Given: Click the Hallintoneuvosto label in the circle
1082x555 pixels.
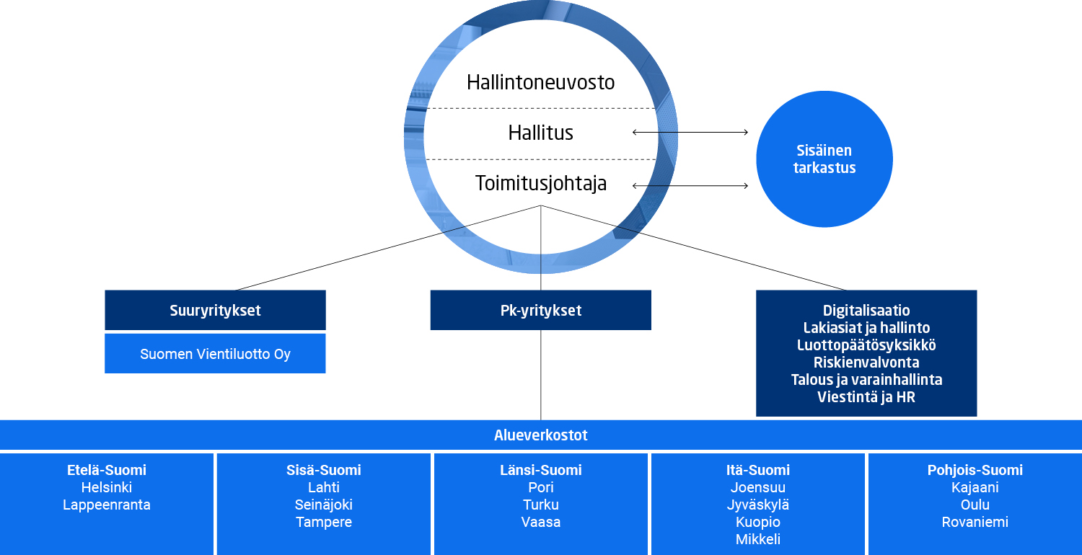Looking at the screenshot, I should coord(540,82).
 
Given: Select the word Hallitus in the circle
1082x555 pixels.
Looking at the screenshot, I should coord(540,133).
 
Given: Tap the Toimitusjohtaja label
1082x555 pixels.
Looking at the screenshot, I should coord(540,183).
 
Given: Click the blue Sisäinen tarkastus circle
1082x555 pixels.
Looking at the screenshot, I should coord(824,159).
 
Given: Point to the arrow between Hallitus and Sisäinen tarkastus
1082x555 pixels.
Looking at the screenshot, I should coord(690,132).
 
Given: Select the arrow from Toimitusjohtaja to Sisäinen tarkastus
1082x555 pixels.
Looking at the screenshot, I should coord(690,186).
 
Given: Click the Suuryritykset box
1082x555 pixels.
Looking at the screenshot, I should coord(215,311).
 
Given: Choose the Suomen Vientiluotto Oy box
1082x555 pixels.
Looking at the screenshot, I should coord(215,354).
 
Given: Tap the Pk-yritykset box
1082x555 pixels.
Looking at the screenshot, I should coord(540,311).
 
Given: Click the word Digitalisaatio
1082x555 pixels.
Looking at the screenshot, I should coord(866,311).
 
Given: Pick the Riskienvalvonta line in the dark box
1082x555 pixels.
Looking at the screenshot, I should coord(866,363).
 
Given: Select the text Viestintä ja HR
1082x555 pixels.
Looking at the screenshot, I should coord(866,396).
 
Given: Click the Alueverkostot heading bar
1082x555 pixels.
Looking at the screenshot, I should coord(540,435).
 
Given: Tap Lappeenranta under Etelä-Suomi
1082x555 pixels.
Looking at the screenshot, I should coord(107,505).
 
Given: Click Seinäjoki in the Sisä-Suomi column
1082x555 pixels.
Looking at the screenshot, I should coord(324,505).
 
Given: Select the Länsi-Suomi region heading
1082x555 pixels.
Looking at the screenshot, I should coord(540,470).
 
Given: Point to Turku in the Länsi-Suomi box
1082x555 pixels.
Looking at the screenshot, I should coord(540,505).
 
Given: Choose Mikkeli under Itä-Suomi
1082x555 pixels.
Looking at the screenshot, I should coord(757,539).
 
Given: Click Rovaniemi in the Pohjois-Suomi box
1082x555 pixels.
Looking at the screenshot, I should coord(975,522).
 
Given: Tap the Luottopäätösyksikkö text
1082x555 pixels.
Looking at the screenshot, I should coord(866,345).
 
